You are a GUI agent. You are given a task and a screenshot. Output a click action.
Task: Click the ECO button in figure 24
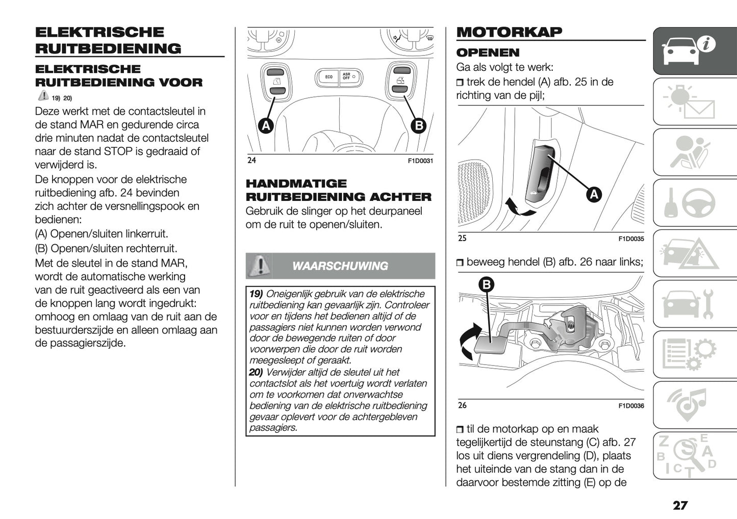329,77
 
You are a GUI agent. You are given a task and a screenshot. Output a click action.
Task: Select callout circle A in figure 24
265,125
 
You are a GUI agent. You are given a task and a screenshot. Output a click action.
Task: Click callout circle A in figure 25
594,194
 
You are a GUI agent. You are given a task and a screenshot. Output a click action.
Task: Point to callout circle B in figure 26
486,284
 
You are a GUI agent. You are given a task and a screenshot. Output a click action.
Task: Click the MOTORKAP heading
509,32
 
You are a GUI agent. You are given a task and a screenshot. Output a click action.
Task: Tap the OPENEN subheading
488,53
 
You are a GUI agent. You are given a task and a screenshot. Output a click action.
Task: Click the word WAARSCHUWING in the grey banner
340,266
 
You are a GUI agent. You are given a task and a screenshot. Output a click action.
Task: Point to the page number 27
680,505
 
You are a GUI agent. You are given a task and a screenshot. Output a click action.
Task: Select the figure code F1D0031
420,161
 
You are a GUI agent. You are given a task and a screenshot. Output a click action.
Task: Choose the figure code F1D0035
631,239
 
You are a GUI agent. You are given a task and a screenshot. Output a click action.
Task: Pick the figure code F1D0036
631,406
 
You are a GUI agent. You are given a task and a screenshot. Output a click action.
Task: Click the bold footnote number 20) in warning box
256,372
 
